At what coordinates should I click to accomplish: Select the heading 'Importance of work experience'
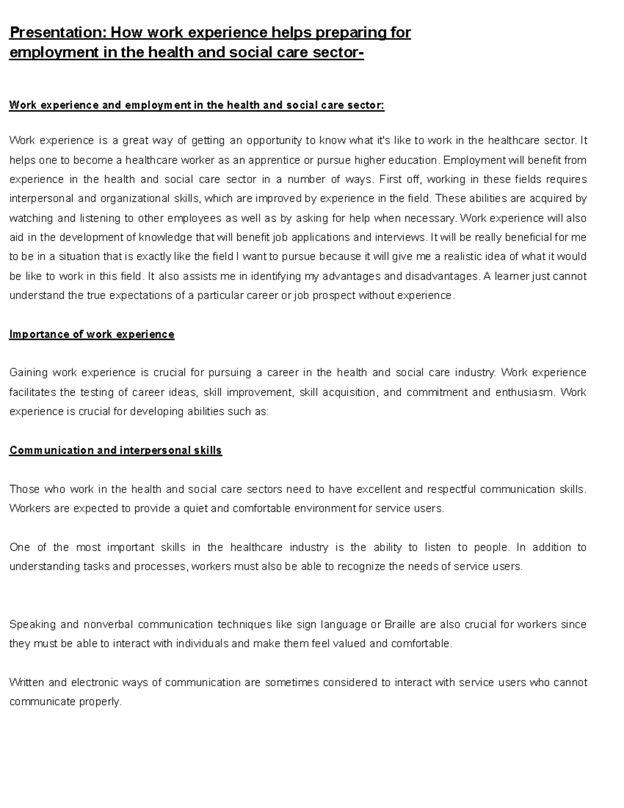(x=92, y=334)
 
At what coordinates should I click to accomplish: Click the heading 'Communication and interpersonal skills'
(x=115, y=450)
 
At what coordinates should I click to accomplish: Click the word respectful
(x=451, y=489)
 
